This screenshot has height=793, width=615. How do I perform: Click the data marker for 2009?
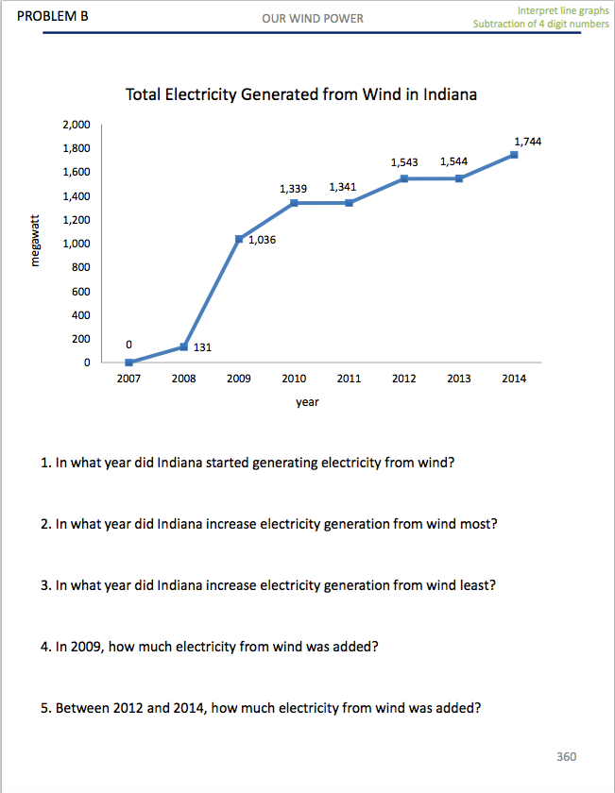click(x=239, y=239)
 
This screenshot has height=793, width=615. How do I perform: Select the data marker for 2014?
click(x=514, y=155)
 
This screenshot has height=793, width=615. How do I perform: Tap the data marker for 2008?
click(x=183, y=346)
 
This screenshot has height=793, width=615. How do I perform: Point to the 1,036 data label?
click(x=263, y=241)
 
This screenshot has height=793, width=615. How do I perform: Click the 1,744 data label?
click(x=527, y=141)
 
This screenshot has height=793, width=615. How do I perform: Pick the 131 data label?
click(x=202, y=347)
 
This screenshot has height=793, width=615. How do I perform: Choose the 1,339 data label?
click(x=293, y=189)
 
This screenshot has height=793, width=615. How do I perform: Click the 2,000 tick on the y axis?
click(x=76, y=125)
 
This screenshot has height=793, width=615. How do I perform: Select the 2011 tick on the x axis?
click(x=349, y=379)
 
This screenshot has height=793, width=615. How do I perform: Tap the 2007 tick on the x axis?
click(x=128, y=379)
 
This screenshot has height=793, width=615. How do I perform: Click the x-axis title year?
click(x=307, y=402)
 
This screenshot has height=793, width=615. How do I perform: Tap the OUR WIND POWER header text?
click(x=313, y=18)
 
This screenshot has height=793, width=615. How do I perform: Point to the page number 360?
click(x=567, y=756)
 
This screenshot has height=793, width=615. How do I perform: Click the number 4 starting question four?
click(x=45, y=648)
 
